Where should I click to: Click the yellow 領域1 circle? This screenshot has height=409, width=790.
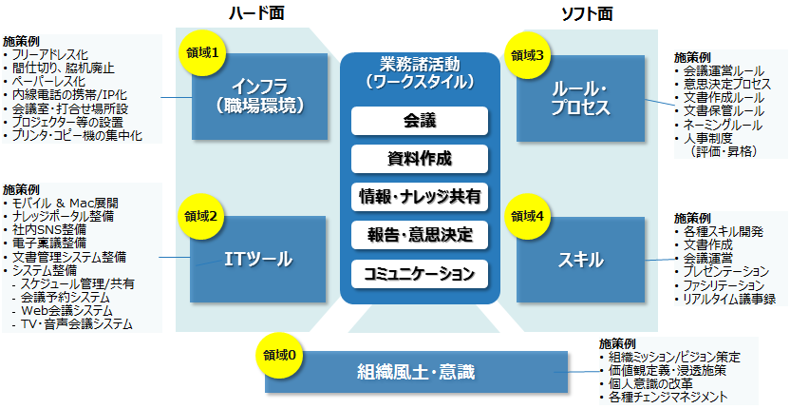[201, 54]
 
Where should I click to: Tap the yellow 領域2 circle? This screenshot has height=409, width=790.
[201, 216]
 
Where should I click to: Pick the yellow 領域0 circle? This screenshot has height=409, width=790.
[278, 357]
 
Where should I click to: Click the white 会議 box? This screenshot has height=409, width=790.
[419, 121]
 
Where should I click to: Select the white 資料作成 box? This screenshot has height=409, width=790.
[419, 158]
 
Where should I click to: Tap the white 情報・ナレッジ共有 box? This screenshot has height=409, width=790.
[419, 197]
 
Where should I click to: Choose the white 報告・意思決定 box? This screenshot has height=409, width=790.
[419, 234]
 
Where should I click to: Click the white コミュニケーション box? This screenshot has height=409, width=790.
[419, 273]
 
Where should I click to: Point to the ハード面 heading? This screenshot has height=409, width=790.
[255, 13]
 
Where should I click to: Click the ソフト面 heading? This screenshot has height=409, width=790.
[587, 13]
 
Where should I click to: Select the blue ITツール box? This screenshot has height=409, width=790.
[257, 259]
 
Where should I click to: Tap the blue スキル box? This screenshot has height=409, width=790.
[580, 259]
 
